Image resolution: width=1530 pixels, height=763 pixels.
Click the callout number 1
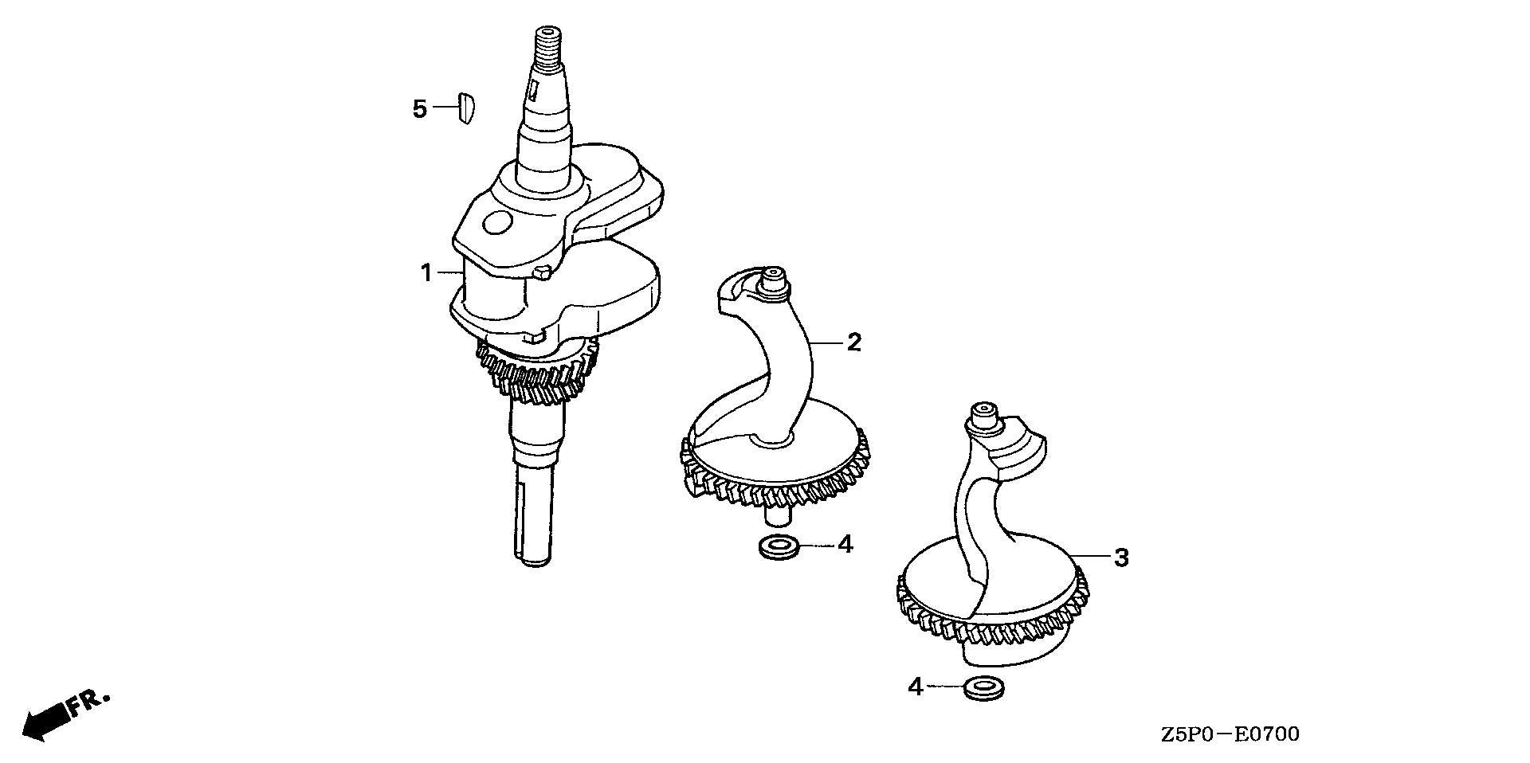click(426, 273)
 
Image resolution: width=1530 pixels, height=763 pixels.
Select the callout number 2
click(853, 342)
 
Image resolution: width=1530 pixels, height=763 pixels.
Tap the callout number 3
click(1121, 558)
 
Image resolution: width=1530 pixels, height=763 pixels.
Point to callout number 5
click(420, 108)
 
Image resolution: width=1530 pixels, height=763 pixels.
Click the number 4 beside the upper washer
click(845, 546)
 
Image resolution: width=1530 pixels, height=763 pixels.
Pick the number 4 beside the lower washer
click(916, 687)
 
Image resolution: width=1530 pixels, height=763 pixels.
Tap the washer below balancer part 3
click(983, 688)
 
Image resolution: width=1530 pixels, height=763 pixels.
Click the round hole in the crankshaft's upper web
click(499, 224)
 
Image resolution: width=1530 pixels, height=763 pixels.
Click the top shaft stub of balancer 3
click(983, 420)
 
